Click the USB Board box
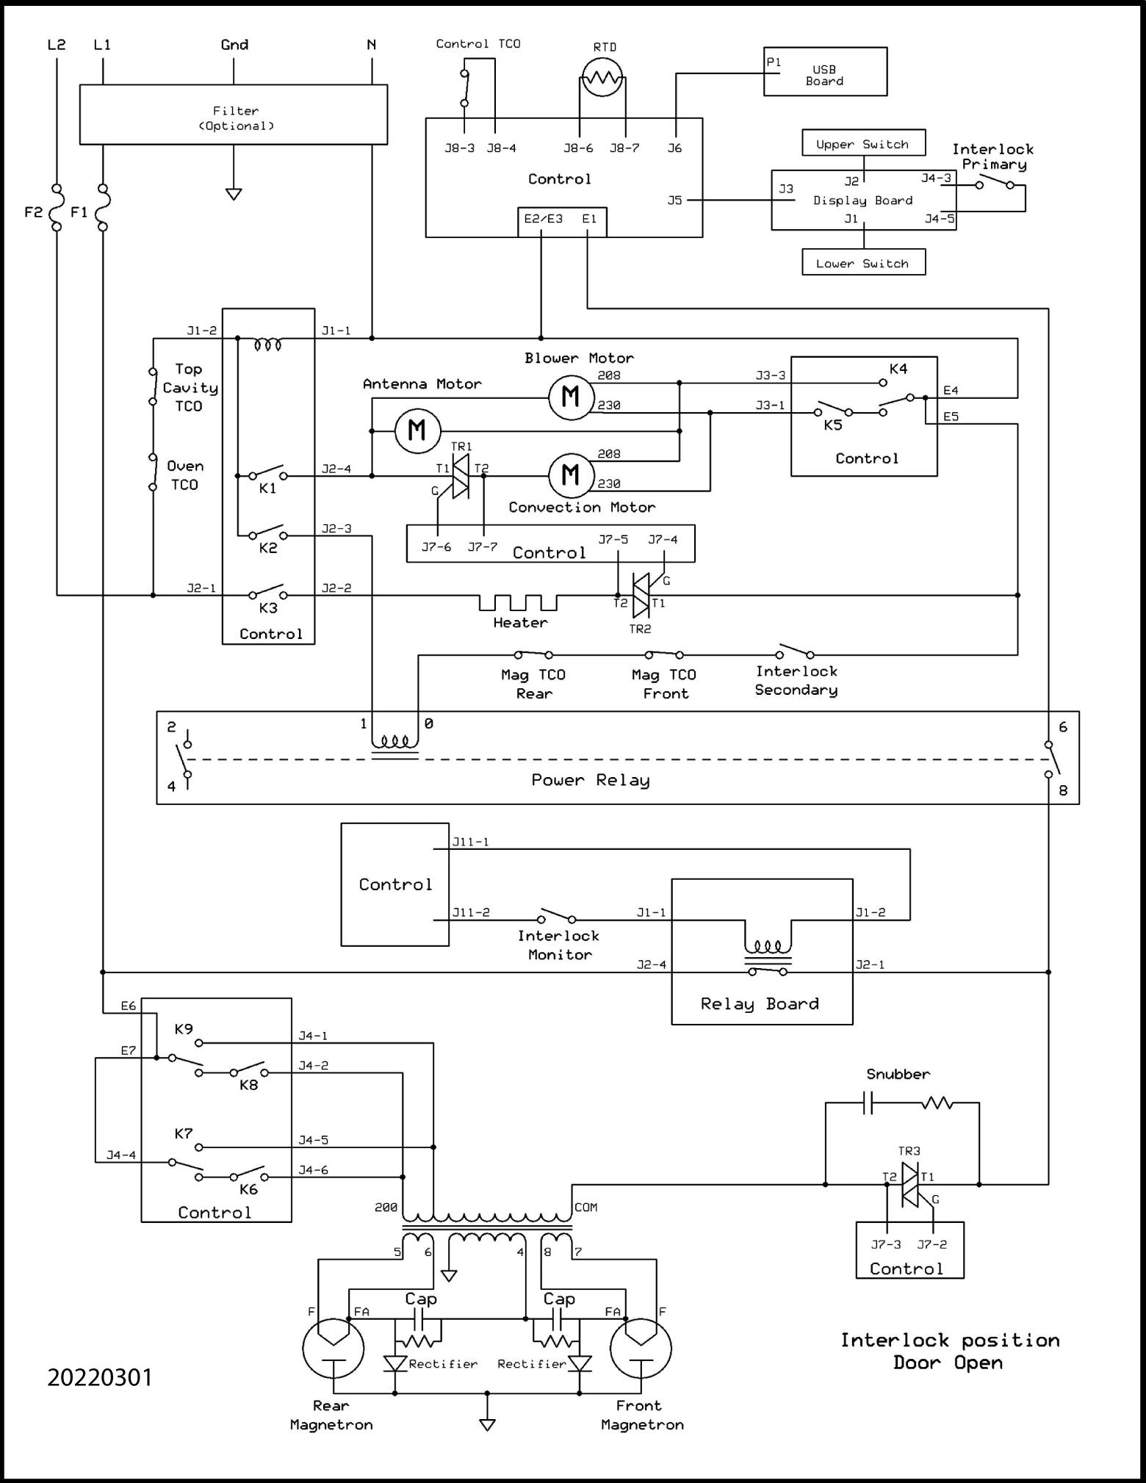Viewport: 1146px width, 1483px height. point(825,72)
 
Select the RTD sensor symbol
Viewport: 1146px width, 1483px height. point(602,77)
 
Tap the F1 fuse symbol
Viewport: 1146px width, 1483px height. point(102,207)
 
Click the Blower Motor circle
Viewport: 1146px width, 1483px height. point(571,397)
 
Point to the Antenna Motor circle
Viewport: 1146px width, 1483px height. point(417,430)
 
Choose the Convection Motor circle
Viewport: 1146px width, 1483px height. point(571,475)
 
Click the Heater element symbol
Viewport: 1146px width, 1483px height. point(519,602)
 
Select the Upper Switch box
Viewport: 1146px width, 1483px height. point(863,143)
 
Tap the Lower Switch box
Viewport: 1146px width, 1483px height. point(863,262)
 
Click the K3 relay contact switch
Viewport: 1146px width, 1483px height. point(267,592)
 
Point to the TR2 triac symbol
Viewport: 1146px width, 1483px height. point(641,596)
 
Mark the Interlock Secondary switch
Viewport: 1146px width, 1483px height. point(795,651)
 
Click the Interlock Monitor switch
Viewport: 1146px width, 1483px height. point(557,916)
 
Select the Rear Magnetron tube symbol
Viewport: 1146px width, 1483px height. point(334,1348)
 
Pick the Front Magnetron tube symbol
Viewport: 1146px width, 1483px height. point(641,1348)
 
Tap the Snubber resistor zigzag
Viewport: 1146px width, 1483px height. point(937,1103)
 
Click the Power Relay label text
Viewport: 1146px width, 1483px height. point(591,780)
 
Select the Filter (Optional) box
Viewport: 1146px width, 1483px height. point(234,115)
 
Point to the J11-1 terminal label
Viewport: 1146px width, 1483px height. point(470,842)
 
